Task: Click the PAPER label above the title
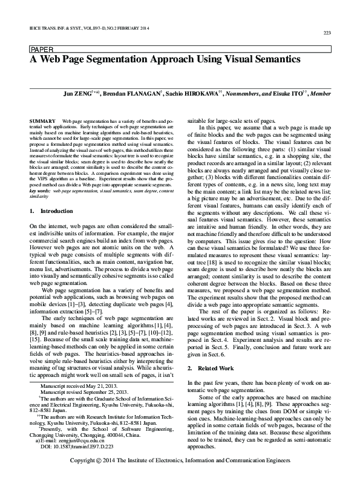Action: [41, 49]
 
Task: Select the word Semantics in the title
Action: [271, 61]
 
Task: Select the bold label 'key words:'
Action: [40, 191]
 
